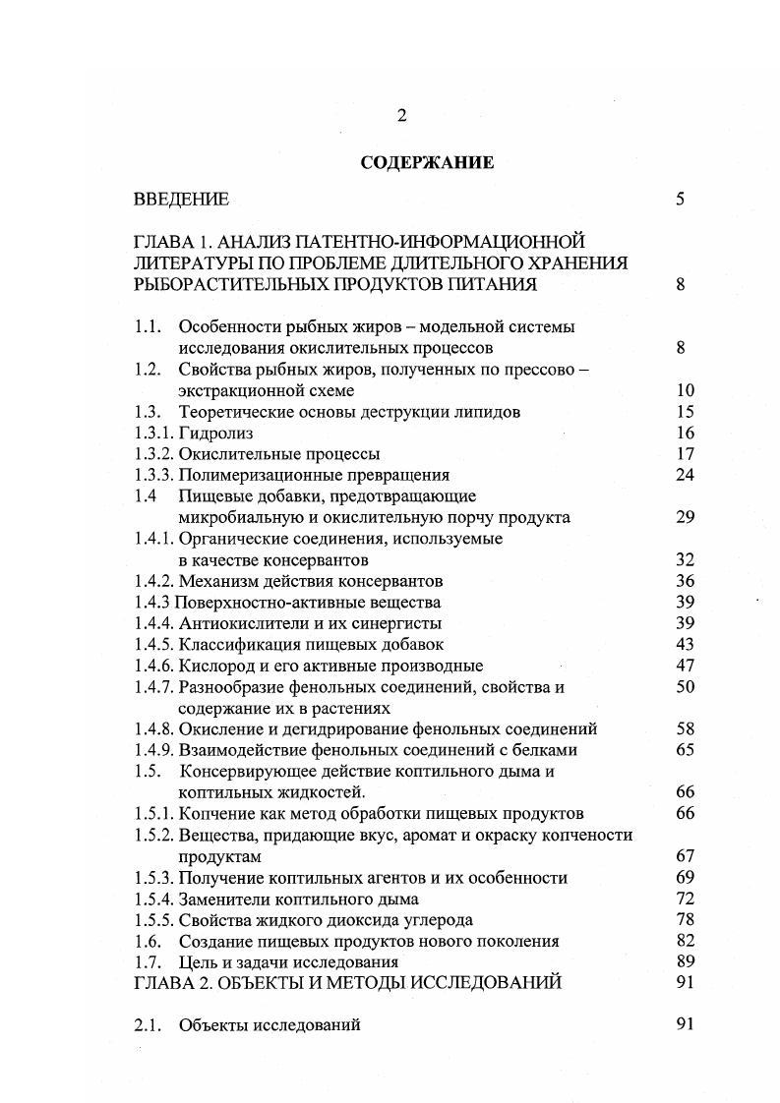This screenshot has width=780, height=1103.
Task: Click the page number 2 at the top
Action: point(401,116)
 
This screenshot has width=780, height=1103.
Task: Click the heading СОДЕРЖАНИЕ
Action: point(427,163)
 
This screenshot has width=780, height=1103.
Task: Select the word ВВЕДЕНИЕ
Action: point(181,200)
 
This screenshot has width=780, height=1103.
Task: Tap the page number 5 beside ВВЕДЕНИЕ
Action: point(680,200)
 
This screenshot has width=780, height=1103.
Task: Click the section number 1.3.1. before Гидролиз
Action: point(153,433)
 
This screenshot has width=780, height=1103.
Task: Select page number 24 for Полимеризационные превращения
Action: point(686,475)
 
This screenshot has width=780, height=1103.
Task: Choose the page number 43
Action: point(686,645)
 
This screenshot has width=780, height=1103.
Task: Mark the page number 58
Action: point(686,728)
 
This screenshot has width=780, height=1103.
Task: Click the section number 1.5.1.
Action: point(153,813)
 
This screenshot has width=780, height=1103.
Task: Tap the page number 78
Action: point(686,919)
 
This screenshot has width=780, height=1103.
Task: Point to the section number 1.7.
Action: point(147,961)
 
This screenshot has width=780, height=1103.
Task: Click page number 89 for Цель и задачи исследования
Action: point(686,961)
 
